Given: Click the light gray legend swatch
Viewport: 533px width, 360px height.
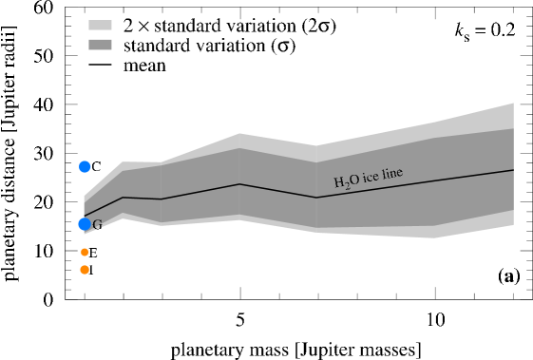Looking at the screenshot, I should (x=100, y=26).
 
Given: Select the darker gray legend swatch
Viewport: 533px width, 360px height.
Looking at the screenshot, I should (x=100, y=45).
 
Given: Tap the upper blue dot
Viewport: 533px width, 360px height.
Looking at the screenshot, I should (x=85, y=167).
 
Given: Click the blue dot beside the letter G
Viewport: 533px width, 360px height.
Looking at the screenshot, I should (x=84, y=224).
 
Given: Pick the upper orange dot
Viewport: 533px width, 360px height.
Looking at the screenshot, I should (x=85, y=253).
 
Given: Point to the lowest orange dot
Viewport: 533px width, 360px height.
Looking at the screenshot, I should (x=85, y=270).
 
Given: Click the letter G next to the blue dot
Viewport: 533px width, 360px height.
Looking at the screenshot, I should (x=97, y=225).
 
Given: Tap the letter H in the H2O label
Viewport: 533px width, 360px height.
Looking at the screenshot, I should (x=338, y=181).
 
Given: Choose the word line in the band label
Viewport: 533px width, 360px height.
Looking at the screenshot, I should (x=392, y=173).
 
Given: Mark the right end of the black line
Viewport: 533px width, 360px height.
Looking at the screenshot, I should (x=513, y=170).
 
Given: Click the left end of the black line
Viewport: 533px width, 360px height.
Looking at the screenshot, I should (x=85, y=217).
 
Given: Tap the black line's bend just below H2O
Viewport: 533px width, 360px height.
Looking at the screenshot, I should (x=316, y=198).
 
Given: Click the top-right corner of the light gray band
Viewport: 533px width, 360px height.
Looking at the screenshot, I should (x=513, y=103).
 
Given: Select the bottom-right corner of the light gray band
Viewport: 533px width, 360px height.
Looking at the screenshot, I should (x=513, y=225).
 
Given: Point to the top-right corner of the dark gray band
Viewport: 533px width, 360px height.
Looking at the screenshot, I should (x=513, y=128).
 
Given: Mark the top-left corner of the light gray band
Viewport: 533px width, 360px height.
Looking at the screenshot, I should (x=85, y=197).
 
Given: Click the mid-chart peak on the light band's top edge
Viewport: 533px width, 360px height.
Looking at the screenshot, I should (x=238, y=133).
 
